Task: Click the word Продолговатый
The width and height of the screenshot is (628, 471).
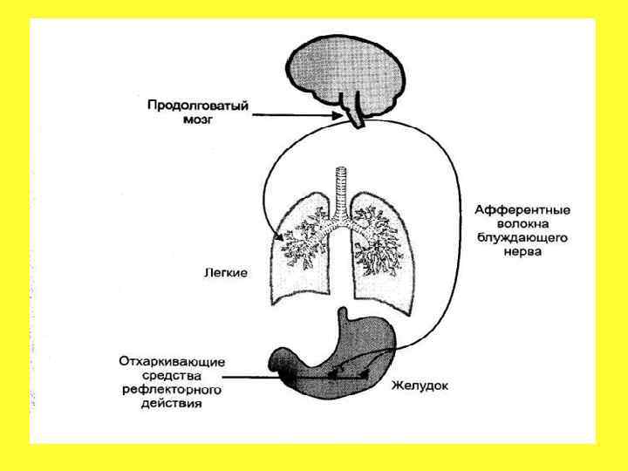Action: (197, 106)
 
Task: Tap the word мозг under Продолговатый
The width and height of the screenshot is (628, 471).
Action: (197, 121)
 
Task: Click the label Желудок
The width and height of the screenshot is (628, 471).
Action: (420, 384)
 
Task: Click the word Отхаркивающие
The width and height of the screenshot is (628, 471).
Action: (172, 361)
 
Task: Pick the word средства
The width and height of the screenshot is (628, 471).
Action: (172, 375)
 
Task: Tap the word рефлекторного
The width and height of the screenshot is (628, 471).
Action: (172, 390)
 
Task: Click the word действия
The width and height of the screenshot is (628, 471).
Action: (172, 404)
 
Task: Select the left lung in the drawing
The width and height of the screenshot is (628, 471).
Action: (297, 257)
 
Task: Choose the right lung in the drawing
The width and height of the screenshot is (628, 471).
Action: (379, 257)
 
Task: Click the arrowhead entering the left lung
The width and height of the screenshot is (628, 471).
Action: (280, 236)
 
